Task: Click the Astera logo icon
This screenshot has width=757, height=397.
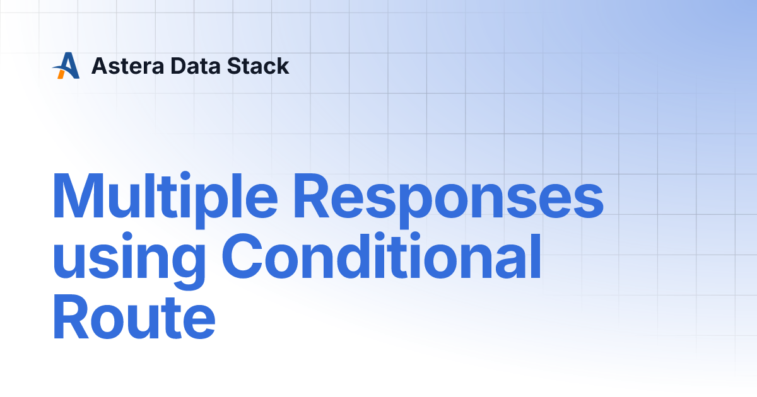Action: pyautogui.click(x=66, y=66)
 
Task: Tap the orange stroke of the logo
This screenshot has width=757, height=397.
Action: pyautogui.click(x=61, y=74)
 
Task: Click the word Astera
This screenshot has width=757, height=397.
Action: pyautogui.click(x=127, y=66)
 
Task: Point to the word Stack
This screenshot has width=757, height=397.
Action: pyautogui.click(x=258, y=66)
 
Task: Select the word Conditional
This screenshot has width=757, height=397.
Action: pyautogui.click(x=382, y=256)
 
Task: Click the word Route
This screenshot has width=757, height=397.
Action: pyautogui.click(x=134, y=317)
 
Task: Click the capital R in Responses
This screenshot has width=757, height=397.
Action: pyautogui.click(x=312, y=196)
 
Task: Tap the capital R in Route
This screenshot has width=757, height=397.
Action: pyautogui.click(x=71, y=316)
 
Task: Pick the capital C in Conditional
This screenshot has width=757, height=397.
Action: pyautogui.click(x=242, y=256)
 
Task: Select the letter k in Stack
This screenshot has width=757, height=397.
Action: pyautogui.click(x=282, y=66)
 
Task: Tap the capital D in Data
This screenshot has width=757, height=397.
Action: pyautogui.click(x=179, y=66)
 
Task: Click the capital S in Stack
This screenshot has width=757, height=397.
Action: pyautogui.click(x=234, y=66)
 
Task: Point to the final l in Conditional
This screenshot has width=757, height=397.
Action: pyautogui.click(x=537, y=255)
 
